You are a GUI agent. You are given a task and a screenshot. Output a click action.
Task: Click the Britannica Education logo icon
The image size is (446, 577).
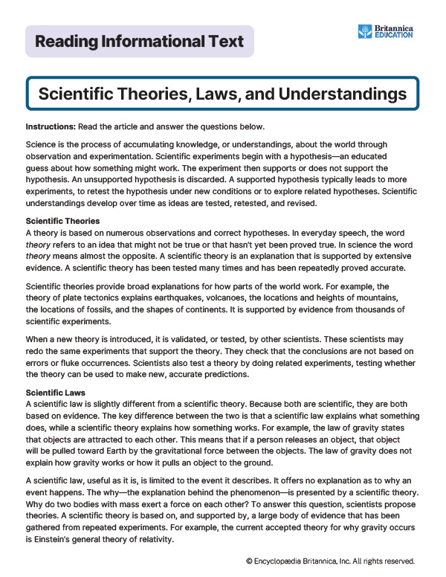[x=365, y=31]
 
